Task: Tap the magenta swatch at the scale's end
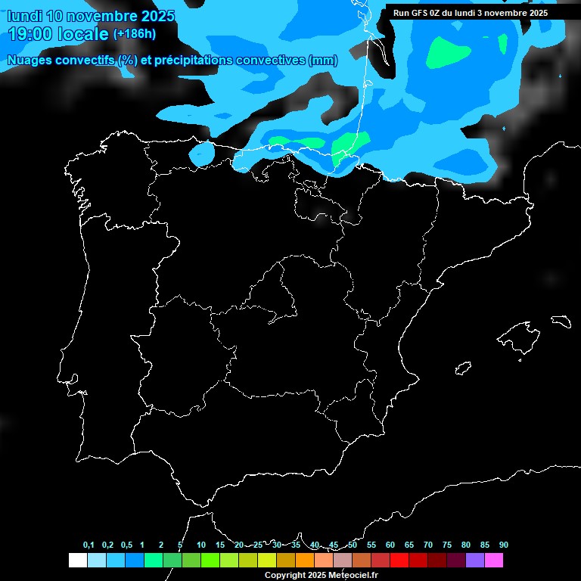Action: [x=493, y=560]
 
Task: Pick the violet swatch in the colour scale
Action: [x=474, y=560]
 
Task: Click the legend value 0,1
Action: [x=89, y=545]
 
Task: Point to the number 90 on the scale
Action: [x=504, y=545]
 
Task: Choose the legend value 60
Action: [x=390, y=545]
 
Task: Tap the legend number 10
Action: [x=201, y=545]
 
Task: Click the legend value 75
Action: [x=447, y=545]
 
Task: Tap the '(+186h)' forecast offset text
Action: [x=134, y=34]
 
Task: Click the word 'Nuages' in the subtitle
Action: [x=27, y=61]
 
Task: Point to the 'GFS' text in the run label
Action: [x=421, y=13]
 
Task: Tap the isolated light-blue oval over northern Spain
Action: [x=201, y=154]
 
